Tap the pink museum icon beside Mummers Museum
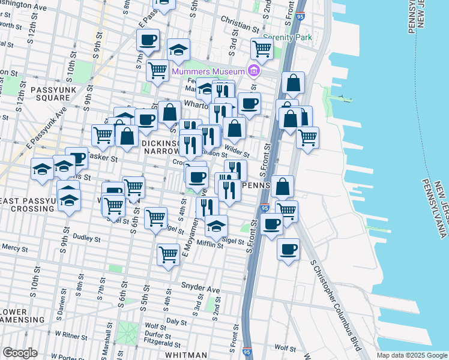point(253,71)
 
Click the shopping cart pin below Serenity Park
point(262,49)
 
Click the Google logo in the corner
point(20,353)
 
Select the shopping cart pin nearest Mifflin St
point(168,254)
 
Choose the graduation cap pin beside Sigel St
point(216,227)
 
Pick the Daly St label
point(176,322)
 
